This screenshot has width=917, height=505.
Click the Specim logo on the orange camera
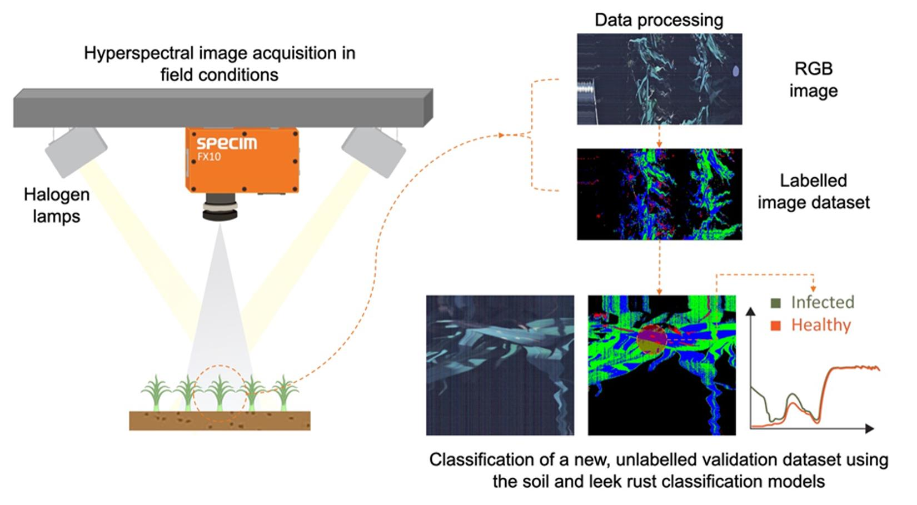pyautogui.click(x=227, y=143)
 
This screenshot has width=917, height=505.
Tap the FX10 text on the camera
pyautogui.click(x=209, y=157)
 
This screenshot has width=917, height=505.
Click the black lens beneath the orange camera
pyautogui.click(x=220, y=207)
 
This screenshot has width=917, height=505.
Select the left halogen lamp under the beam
pyautogui.click(x=76, y=151)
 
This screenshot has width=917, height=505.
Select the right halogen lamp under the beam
pyautogui.click(x=373, y=151)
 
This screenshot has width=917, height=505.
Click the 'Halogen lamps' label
pyautogui.click(x=56, y=205)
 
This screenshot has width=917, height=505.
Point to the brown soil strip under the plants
pyautogui.click(x=220, y=421)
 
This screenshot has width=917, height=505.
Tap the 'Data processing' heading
pyautogui.click(x=659, y=20)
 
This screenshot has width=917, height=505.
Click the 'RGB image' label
pyautogui.click(x=813, y=79)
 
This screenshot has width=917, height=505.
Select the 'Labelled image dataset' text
pyautogui.click(x=813, y=191)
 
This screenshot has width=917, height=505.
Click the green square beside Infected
pyautogui.click(x=776, y=303)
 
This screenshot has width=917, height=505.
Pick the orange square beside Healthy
pyautogui.click(x=776, y=326)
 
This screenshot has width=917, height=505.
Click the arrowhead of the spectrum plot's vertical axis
pyautogui.click(x=751, y=311)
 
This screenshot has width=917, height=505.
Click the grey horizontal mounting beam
pyautogui.click(x=222, y=108)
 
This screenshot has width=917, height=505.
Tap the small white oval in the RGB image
pyautogui.click(x=736, y=71)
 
